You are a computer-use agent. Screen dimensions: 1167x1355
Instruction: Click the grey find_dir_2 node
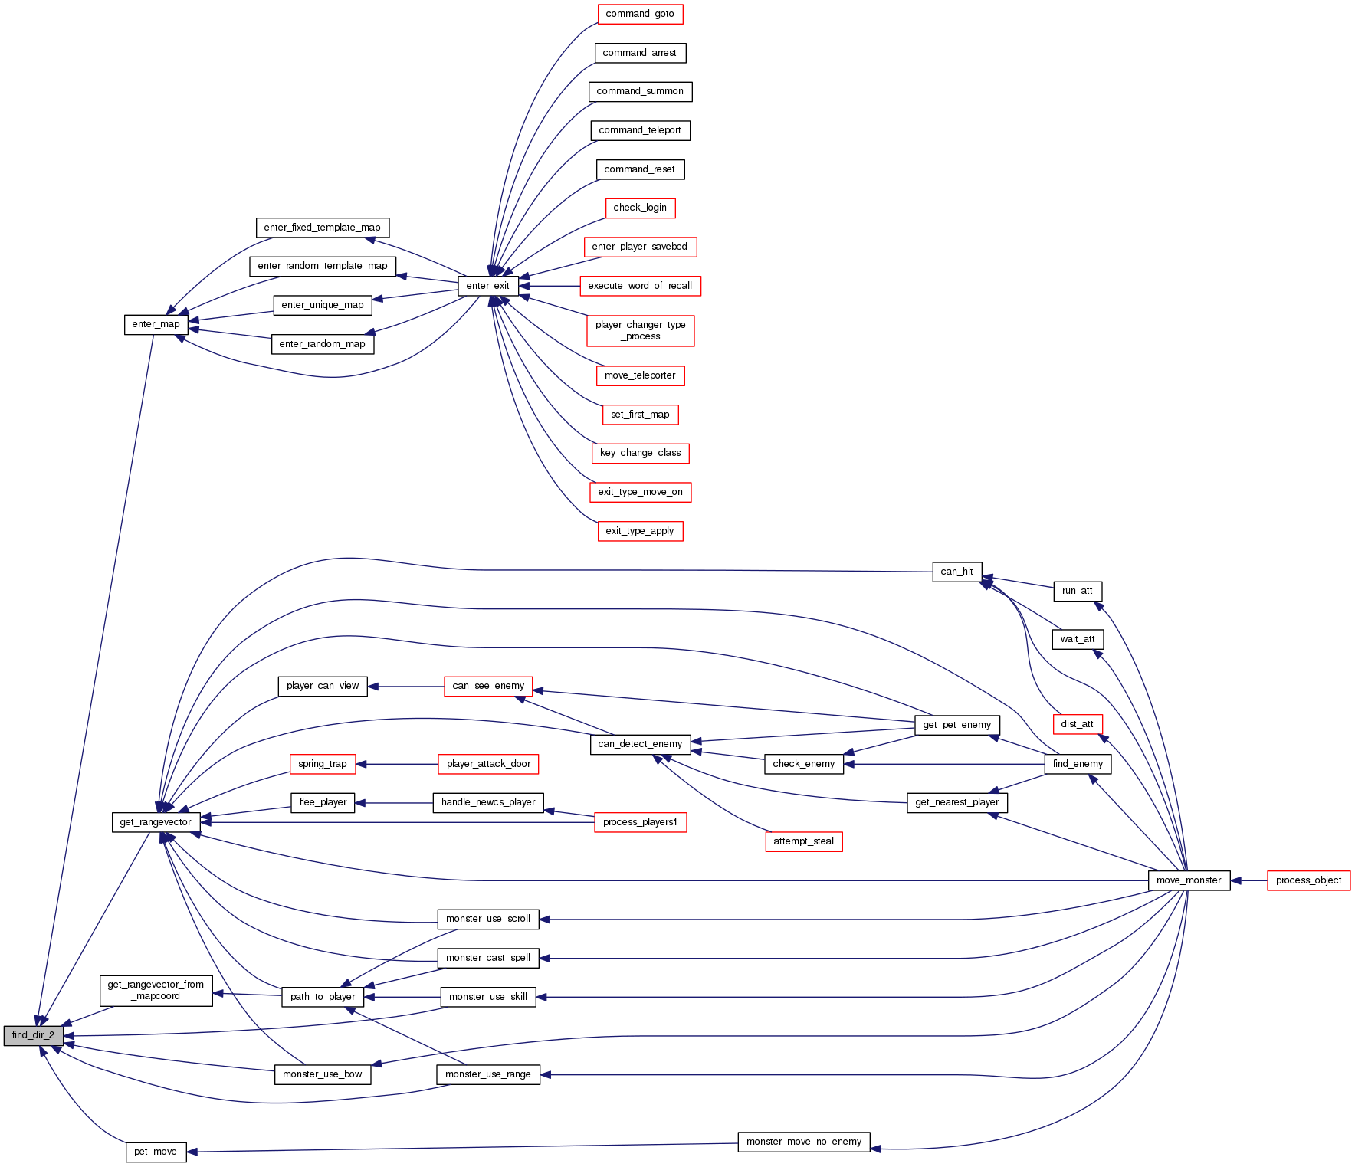click(33, 1035)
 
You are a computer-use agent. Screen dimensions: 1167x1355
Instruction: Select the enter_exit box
click(487, 286)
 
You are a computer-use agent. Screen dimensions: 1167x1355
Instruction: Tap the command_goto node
click(639, 14)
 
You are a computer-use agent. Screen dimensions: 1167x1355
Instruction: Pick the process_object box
click(1308, 880)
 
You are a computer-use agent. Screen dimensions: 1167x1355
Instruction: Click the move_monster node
click(1188, 880)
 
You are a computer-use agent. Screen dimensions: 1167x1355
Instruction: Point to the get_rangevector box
click(156, 822)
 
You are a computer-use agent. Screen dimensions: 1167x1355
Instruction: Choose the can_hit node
click(956, 572)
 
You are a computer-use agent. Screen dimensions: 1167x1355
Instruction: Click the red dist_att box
click(1077, 724)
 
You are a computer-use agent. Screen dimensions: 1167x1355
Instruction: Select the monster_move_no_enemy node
click(803, 1142)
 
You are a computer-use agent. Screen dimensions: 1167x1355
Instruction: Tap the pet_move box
click(156, 1152)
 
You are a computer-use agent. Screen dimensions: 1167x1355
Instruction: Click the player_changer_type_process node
click(640, 330)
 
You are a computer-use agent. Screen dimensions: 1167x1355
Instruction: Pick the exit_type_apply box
click(639, 531)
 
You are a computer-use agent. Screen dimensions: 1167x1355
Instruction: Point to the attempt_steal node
click(803, 841)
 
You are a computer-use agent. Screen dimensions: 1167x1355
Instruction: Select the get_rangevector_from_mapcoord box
click(156, 990)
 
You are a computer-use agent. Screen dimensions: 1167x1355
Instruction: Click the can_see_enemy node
click(488, 686)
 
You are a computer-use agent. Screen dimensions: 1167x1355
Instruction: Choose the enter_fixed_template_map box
click(322, 228)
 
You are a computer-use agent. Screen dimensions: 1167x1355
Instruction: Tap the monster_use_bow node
click(322, 1074)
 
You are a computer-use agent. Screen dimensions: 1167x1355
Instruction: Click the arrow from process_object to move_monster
click(1249, 880)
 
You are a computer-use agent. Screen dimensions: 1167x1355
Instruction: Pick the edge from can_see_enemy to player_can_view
click(406, 686)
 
